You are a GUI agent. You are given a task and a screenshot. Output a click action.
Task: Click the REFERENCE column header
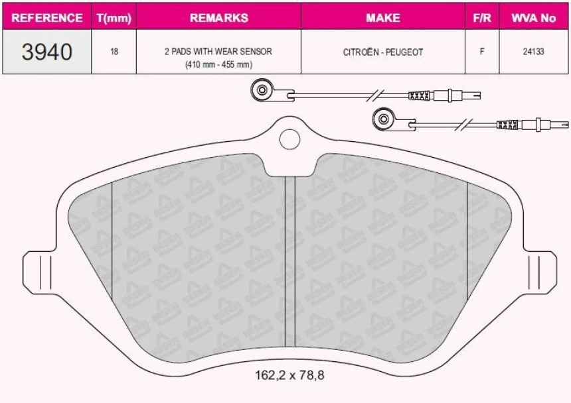(46, 18)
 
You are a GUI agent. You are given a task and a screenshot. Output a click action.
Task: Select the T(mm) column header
(114, 18)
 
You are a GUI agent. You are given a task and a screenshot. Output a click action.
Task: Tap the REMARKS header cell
(218, 18)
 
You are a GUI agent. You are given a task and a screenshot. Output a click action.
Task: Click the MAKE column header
(383, 18)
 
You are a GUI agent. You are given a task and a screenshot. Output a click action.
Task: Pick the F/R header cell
(482, 18)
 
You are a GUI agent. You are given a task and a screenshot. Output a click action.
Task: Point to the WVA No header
(533, 18)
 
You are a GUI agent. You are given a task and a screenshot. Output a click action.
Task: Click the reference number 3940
(46, 52)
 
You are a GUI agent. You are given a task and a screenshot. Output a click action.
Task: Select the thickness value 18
(114, 52)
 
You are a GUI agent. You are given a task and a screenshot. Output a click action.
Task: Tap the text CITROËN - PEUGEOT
(383, 52)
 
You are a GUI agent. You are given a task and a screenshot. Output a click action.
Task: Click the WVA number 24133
(533, 52)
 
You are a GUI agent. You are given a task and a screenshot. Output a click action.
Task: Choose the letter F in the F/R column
(482, 52)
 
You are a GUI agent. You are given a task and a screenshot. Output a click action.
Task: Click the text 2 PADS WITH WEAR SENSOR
(218, 51)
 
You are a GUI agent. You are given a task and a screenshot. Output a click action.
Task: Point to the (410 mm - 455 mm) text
(218, 64)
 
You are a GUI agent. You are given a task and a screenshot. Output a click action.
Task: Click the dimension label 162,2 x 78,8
(289, 375)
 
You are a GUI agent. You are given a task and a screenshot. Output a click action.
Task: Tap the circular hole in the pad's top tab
(290, 139)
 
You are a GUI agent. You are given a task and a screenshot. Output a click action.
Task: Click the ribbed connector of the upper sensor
(420, 95)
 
